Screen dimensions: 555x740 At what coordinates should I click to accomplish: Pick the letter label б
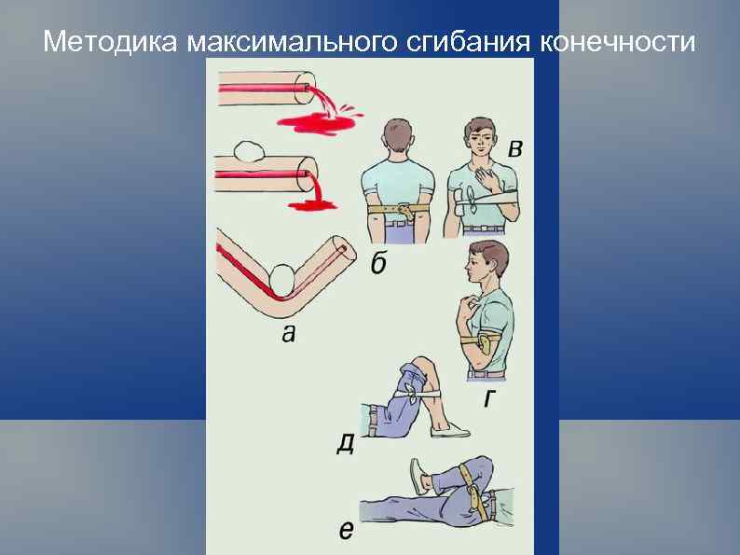[378, 265]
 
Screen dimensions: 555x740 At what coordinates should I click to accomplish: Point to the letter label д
[345, 443]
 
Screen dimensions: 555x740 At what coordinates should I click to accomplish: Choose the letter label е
[346, 531]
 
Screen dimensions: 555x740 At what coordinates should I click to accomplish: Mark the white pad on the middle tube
[249, 149]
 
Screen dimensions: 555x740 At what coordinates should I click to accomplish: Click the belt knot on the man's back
[403, 207]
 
